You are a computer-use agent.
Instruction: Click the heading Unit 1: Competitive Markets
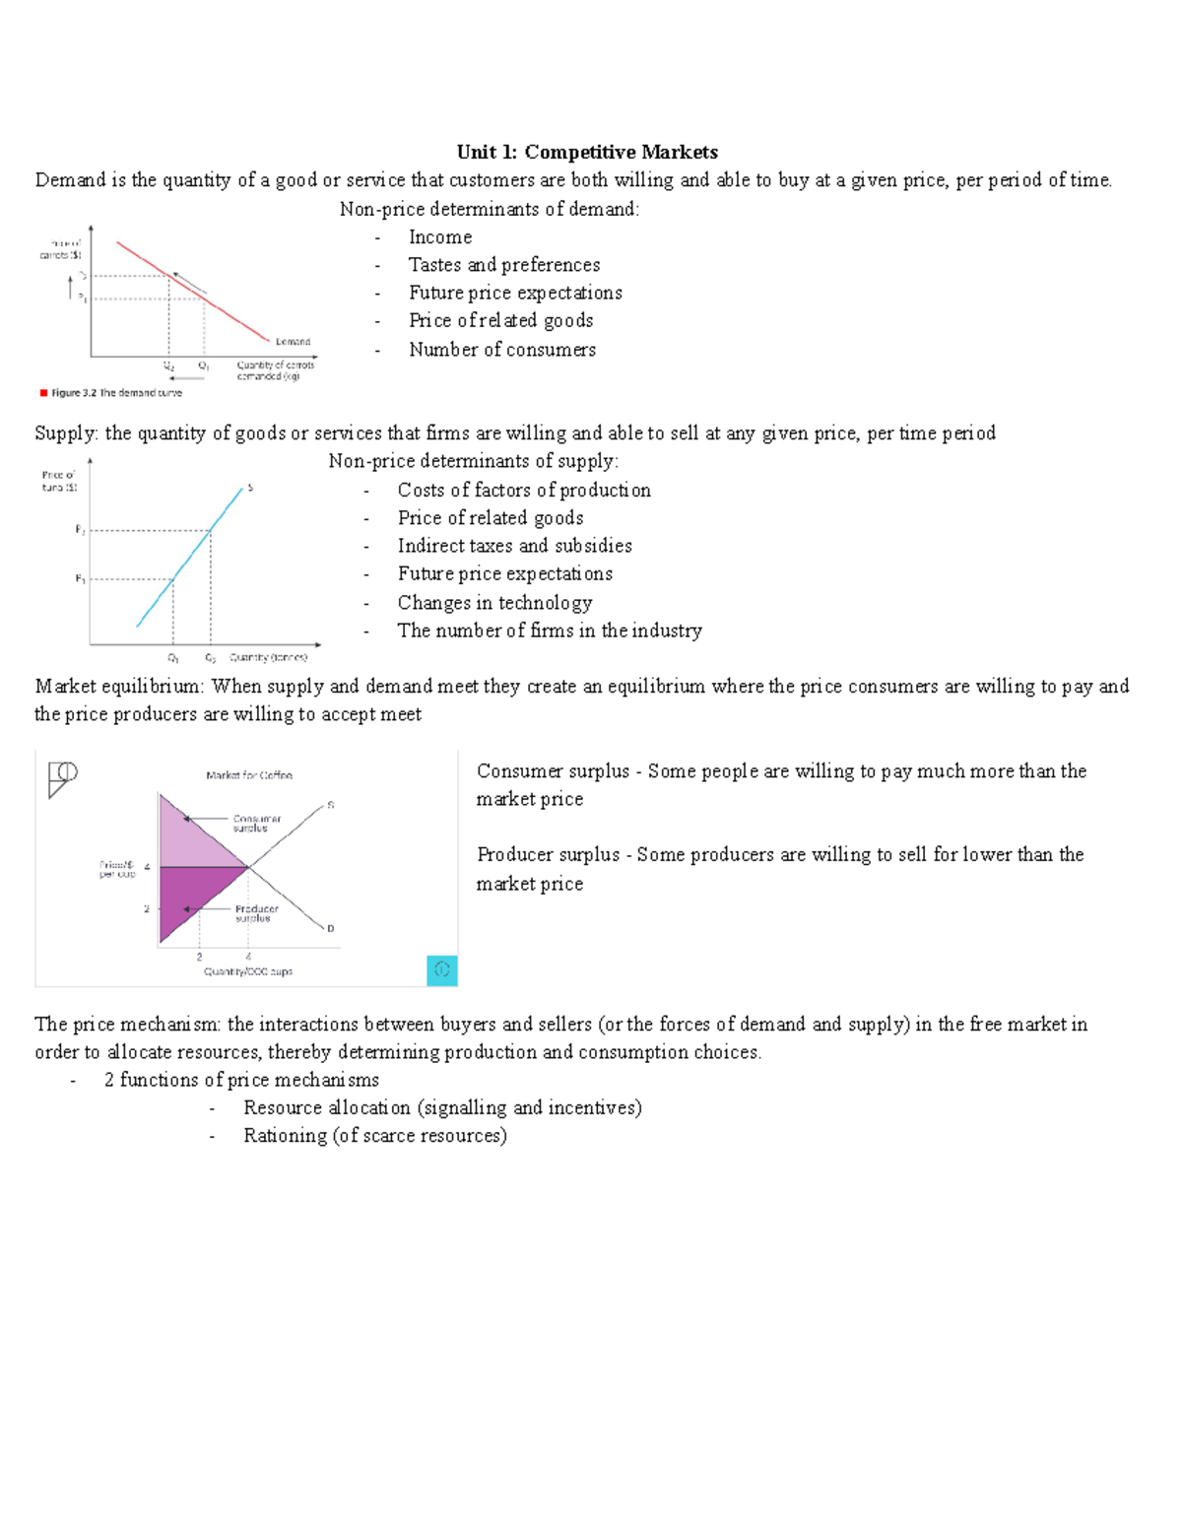587,152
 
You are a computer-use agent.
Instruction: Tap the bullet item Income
440,237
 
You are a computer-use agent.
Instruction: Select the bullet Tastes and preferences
503,265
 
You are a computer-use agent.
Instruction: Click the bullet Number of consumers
502,350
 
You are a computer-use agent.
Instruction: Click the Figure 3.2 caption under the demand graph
115,392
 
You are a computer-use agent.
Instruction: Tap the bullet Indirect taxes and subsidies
514,546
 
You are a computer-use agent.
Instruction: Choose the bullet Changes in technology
494,603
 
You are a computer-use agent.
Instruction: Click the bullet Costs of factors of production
523,491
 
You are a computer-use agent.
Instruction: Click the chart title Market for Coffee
249,775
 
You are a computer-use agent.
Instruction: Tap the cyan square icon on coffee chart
442,970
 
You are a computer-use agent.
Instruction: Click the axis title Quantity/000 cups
248,971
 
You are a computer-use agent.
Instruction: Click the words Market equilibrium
118,687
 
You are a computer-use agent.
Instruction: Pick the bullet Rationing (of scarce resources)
374,1136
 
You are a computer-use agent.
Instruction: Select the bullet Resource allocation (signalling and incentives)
442,1108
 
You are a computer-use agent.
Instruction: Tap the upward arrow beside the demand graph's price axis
71,287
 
